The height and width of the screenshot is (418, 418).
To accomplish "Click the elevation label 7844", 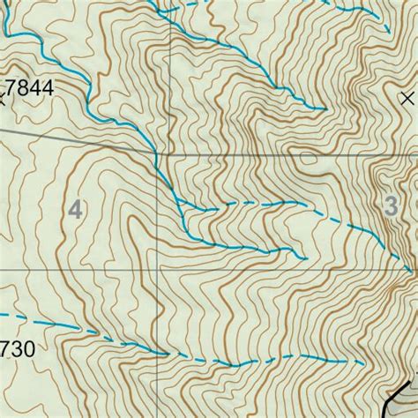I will coord(28,88).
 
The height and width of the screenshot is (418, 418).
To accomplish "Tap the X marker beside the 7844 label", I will coord(2,99).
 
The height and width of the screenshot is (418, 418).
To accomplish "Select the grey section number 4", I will coord(77,210).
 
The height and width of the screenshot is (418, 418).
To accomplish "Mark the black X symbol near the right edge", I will coord(407,97).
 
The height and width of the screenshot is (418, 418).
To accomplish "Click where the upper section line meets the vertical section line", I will coord(158,155).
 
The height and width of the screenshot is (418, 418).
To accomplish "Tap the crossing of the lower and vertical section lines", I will coord(160,269).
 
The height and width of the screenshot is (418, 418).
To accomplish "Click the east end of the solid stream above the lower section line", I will coord(305,259).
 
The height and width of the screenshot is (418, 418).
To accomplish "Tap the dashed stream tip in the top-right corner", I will coord(389,32).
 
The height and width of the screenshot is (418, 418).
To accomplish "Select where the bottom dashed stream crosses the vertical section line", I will coord(160,354).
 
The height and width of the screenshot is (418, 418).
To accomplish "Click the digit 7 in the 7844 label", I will coord(11,88).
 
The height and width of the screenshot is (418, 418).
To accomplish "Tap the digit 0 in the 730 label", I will coord(29,350).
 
